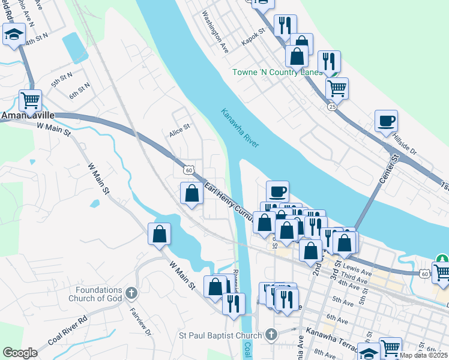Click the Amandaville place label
tap(29, 115)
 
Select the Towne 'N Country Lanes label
tap(277, 73)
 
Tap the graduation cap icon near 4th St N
tap(13, 35)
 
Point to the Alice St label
tap(179, 127)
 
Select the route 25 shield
tap(332, 106)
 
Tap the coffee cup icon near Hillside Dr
tap(386, 121)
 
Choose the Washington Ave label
tap(215, 31)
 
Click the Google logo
tap(20, 353)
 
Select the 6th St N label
tap(79, 91)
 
